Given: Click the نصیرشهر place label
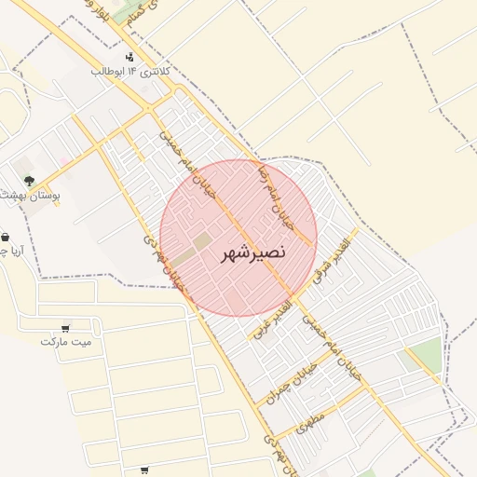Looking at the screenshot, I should point(254,252).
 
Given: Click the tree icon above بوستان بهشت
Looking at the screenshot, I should point(30,180).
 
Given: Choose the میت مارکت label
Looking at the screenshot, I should point(66,341).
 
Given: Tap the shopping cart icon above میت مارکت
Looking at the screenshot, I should point(65,327).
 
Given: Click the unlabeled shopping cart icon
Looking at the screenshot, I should point(143,470).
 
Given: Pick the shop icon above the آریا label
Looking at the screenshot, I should point(6,237).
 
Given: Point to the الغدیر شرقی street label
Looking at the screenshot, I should point(334,256).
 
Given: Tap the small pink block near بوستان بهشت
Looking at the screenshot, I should point(64,160).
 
